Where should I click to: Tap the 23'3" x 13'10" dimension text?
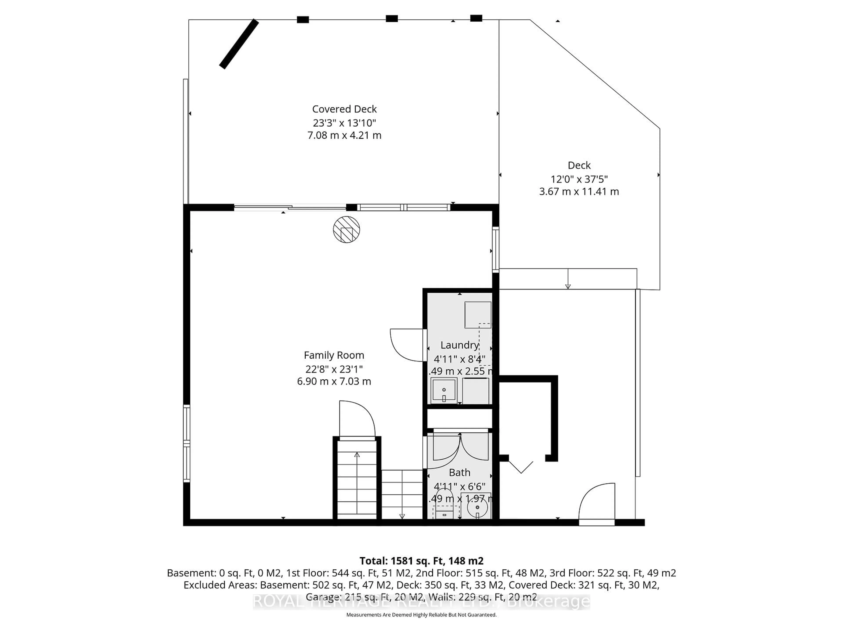(x=344, y=123)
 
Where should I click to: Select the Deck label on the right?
(x=579, y=165)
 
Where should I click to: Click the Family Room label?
(x=334, y=355)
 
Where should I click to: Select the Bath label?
(x=459, y=473)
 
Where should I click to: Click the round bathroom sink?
(x=477, y=507)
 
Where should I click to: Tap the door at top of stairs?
(x=357, y=419)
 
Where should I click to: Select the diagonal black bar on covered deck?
(x=239, y=44)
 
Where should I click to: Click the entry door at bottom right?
(x=597, y=503)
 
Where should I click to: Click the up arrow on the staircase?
(x=357, y=455)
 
